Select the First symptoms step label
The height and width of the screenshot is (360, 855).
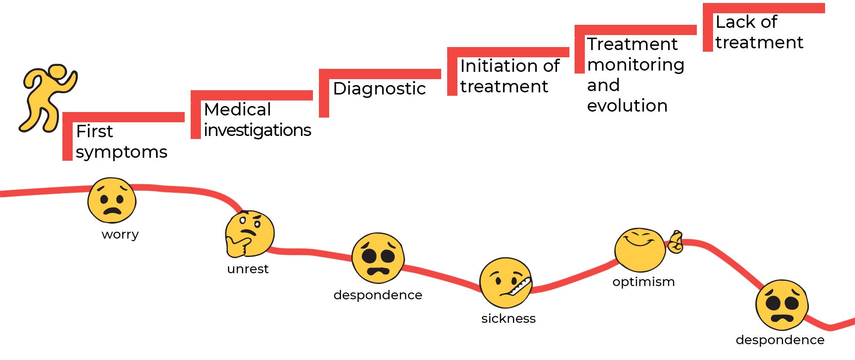pyautogui.click(x=121, y=142)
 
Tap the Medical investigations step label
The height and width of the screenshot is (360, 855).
pyautogui.click(x=257, y=120)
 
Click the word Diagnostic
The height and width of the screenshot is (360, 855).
pyautogui.click(x=379, y=89)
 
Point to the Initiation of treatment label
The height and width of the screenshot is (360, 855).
pyautogui.click(x=510, y=76)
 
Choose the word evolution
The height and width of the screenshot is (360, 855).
pyautogui.click(x=627, y=106)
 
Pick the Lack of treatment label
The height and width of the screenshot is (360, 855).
pyautogui.click(x=759, y=32)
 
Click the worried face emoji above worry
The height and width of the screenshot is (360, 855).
pyautogui.click(x=112, y=201)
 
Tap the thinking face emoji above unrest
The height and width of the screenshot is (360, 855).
pyautogui.click(x=250, y=233)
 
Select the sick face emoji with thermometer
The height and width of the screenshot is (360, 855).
pyautogui.click(x=505, y=283)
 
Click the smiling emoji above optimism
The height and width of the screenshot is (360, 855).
pyautogui.click(x=640, y=250)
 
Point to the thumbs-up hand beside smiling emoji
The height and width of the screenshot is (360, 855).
pyautogui.click(x=675, y=242)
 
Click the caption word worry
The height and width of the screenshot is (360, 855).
pyautogui.click(x=120, y=234)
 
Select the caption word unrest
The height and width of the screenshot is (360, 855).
pyautogui.click(x=248, y=269)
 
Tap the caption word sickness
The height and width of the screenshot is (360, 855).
pyautogui.click(x=508, y=319)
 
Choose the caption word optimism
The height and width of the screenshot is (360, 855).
pyautogui.click(x=643, y=282)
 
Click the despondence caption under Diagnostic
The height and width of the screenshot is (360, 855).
pyautogui.click(x=378, y=295)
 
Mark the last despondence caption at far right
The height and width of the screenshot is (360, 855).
pyautogui.click(x=780, y=340)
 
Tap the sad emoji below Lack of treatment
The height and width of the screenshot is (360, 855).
pyautogui.click(x=782, y=305)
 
